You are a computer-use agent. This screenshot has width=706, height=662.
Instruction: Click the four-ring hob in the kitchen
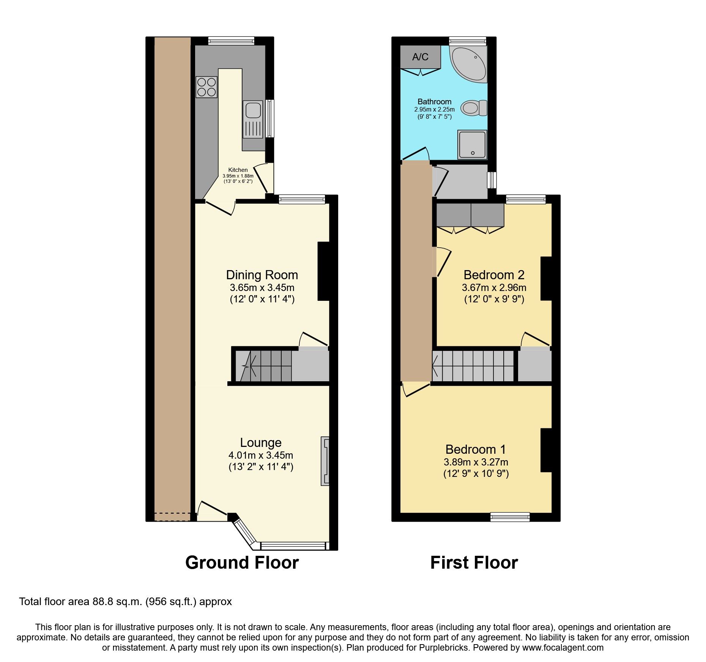pyautogui.click(x=206, y=87)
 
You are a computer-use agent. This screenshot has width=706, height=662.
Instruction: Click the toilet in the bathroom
pyautogui.click(x=473, y=108)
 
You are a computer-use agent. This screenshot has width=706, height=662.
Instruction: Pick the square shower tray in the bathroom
pyautogui.click(x=472, y=145)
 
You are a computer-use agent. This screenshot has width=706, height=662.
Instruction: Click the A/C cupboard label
pyautogui.click(x=420, y=57)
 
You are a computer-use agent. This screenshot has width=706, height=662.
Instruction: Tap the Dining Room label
pyautogui.click(x=262, y=275)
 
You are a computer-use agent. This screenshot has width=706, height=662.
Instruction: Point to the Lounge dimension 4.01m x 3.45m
pyautogui.click(x=261, y=455)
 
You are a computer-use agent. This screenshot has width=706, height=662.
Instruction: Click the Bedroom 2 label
pyautogui.click(x=494, y=275)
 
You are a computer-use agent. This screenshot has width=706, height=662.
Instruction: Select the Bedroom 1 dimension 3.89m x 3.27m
pyautogui.click(x=476, y=462)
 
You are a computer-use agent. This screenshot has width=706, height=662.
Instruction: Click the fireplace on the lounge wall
pyautogui.click(x=325, y=461)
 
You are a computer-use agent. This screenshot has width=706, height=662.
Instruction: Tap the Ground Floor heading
pyautogui.click(x=242, y=562)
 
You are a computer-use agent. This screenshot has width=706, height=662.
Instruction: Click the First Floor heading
pyautogui.click(x=474, y=562)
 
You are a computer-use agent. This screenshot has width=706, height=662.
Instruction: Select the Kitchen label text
pyautogui.click(x=238, y=170)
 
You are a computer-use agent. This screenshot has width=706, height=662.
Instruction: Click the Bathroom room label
pyautogui.click(x=434, y=102)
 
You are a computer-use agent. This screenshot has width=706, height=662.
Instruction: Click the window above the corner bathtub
pyautogui.click(x=468, y=41)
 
